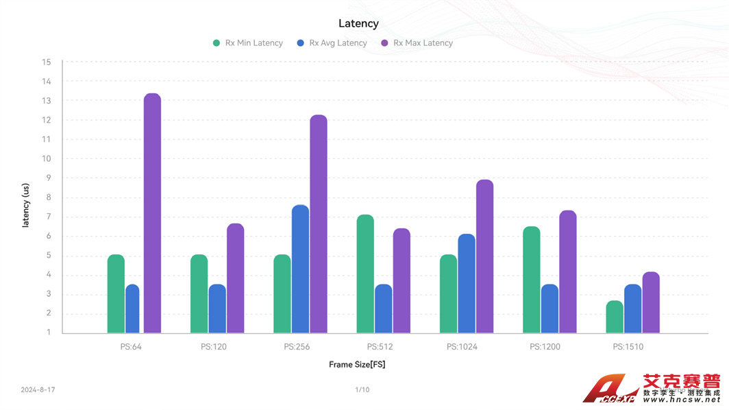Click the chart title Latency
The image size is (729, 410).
click(x=358, y=23)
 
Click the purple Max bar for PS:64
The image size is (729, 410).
click(x=152, y=213)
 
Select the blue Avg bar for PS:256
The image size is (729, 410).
click(x=300, y=269)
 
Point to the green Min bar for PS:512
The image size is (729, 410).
click(x=365, y=274)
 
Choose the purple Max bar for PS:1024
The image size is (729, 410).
click(x=484, y=256)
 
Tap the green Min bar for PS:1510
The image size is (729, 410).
click(x=615, y=317)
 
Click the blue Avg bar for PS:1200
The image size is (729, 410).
click(x=549, y=309)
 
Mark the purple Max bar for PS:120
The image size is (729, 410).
click(x=235, y=278)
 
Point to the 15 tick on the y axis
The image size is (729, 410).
click(x=47, y=62)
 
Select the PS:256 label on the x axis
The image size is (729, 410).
click(x=297, y=347)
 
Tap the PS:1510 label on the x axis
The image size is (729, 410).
click(x=628, y=347)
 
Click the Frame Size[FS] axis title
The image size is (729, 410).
click(x=357, y=365)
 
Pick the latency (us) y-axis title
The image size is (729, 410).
click(x=26, y=205)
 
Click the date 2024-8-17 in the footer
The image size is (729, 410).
click(x=38, y=390)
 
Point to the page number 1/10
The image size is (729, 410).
click(x=362, y=390)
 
